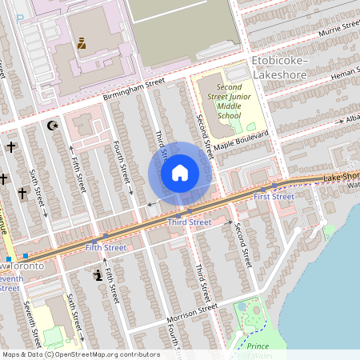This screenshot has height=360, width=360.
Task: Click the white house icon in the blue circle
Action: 180,172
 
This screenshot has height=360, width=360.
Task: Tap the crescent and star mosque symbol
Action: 54,126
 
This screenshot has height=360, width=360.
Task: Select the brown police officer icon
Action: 81,42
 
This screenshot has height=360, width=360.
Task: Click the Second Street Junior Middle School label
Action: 218,101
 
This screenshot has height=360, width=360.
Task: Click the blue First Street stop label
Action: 274,196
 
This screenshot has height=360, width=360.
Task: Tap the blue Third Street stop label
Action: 190,222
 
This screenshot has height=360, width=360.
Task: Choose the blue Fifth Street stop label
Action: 106,248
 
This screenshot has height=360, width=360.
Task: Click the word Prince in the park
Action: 258,346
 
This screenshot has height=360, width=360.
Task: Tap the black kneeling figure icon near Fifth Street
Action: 98,275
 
